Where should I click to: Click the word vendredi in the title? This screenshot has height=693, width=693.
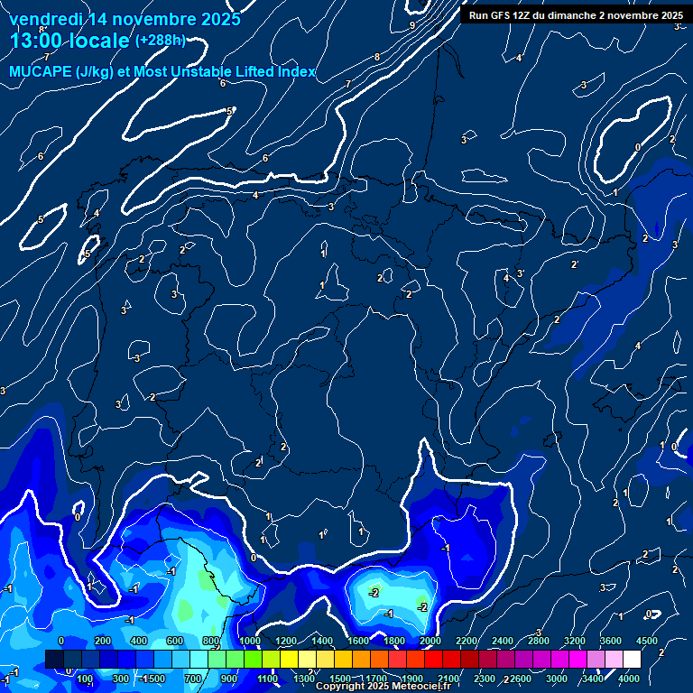point(46,19)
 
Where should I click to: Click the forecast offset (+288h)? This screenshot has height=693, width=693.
point(160,41)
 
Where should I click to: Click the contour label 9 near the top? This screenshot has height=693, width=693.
point(412,25)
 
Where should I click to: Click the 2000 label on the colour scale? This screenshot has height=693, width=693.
point(430,641)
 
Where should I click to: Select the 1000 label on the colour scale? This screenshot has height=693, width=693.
point(250,641)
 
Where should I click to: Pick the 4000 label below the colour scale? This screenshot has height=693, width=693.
point(629,679)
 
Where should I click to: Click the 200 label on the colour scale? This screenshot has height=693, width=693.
point(103,641)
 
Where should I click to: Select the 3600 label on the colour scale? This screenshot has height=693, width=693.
point(611,641)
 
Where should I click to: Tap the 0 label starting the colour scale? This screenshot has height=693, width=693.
point(60,641)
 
